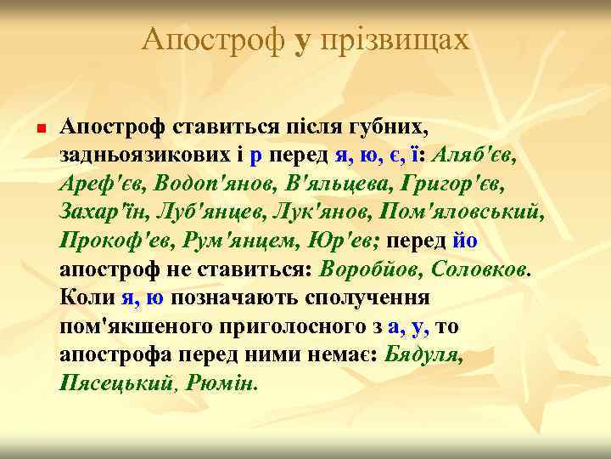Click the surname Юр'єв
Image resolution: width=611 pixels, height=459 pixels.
[x=345, y=239]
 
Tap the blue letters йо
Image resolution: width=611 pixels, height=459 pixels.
[x=465, y=239]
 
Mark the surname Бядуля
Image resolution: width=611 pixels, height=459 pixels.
[x=423, y=354]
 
